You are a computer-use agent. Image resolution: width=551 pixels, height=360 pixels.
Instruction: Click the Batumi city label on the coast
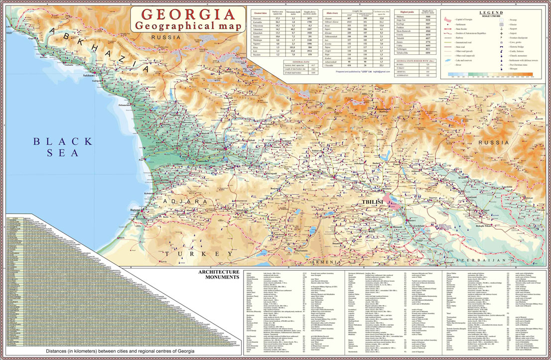click(135, 211)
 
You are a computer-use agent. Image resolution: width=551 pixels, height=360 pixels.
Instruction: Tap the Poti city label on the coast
click(141, 160)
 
